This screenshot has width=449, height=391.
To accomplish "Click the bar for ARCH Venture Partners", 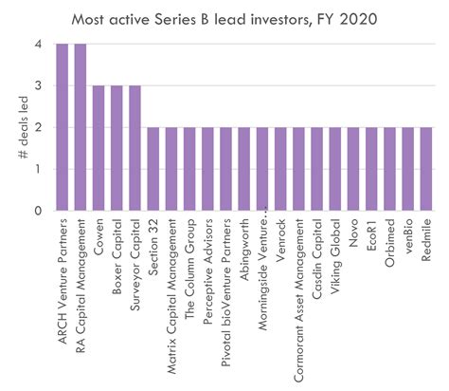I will click(63, 127).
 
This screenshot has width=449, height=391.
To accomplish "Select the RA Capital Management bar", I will click(81, 127).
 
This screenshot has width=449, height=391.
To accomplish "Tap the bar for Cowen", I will click(99, 148).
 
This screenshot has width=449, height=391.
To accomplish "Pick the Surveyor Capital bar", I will click(135, 148).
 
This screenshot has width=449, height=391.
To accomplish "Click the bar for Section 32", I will click(153, 169).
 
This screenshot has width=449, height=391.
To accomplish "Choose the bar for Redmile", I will click(426, 169).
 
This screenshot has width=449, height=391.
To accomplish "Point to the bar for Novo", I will click(353, 169).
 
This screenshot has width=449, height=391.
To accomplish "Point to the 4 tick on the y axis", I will click(37, 45).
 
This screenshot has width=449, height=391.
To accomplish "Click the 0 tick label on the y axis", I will click(37, 211).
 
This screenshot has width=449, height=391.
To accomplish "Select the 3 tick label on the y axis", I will click(37, 86).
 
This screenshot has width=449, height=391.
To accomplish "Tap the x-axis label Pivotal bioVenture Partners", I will click(226, 286).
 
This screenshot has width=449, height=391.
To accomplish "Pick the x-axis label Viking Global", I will click(335, 251).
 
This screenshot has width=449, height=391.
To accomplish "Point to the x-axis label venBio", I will click(408, 238).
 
